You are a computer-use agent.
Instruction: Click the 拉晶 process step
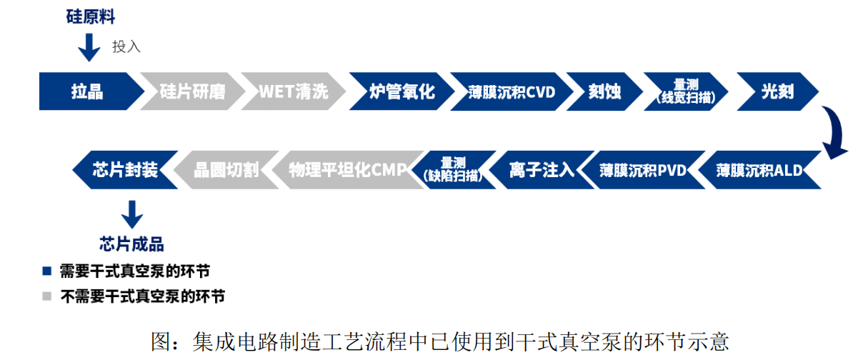(x=87, y=91)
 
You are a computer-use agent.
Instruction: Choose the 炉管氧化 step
(x=401, y=91)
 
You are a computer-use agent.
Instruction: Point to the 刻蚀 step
(x=604, y=91)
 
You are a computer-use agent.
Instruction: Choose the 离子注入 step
(x=541, y=170)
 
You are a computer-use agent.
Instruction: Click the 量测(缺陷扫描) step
(x=453, y=170)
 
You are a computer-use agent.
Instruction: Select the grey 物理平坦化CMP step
(x=346, y=170)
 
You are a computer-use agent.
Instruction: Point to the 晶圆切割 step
(x=226, y=170)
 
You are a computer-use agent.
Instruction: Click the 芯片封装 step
(x=126, y=170)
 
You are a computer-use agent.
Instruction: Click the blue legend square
(x=47, y=271)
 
